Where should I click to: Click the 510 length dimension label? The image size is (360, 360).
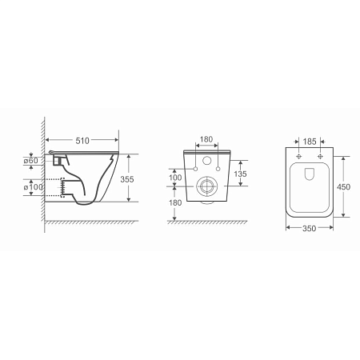(82, 141)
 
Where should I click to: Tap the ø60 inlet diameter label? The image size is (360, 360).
(30, 161)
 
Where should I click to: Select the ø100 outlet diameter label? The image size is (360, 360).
(33, 187)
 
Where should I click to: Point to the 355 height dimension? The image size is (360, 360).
(127, 179)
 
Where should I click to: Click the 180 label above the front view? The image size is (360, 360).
(206, 139)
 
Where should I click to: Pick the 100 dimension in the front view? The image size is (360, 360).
(175, 178)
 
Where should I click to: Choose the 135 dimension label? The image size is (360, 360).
(240, 174)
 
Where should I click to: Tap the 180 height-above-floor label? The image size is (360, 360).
(175, 202)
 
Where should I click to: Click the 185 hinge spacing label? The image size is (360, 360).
(310, 142)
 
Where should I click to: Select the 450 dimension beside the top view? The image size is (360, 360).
(343, 187)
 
